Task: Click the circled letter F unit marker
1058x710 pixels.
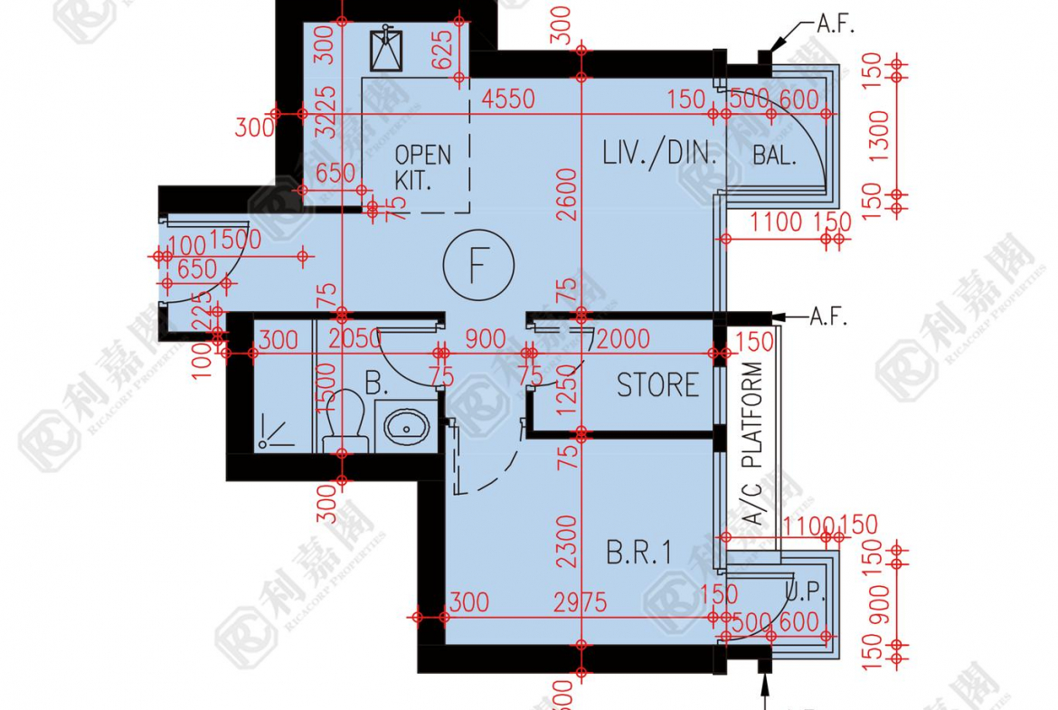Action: pos(478,265)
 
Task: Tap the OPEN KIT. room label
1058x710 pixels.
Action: pos(422,166)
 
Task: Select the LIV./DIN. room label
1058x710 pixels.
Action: pos(659,153)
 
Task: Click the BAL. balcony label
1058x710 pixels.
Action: pos(775,155)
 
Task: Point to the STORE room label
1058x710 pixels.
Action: pos(657,386)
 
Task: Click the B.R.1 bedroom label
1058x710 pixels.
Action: pos(639,554)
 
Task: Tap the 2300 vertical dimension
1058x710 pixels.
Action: pos(566,542)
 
